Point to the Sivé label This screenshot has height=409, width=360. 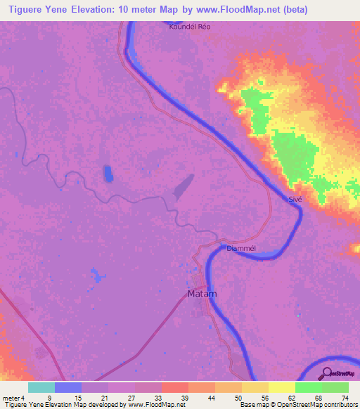295,200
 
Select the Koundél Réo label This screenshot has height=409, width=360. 190,27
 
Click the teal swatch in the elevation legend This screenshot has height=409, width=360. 41,387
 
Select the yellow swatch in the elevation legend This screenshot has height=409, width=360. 281,387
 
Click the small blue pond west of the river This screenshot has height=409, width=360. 108,173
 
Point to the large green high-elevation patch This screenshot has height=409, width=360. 292,151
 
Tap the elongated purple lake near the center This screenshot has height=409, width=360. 184,186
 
